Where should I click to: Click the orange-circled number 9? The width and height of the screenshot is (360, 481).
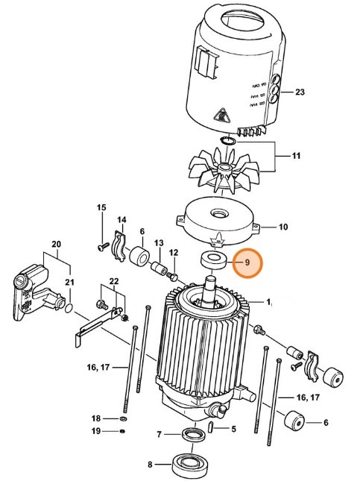pyautogui.click(x=247, y=263)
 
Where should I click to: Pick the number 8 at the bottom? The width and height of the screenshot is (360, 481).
pyautogui.click(x=150, y=465)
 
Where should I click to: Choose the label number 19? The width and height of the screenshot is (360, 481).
pyautogui.click(x=105, y=431)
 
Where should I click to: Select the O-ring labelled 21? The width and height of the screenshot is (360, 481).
pyautogui.click(x=69, y=306)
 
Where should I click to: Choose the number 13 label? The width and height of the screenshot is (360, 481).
pyautogui.click(x=158, y=243)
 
